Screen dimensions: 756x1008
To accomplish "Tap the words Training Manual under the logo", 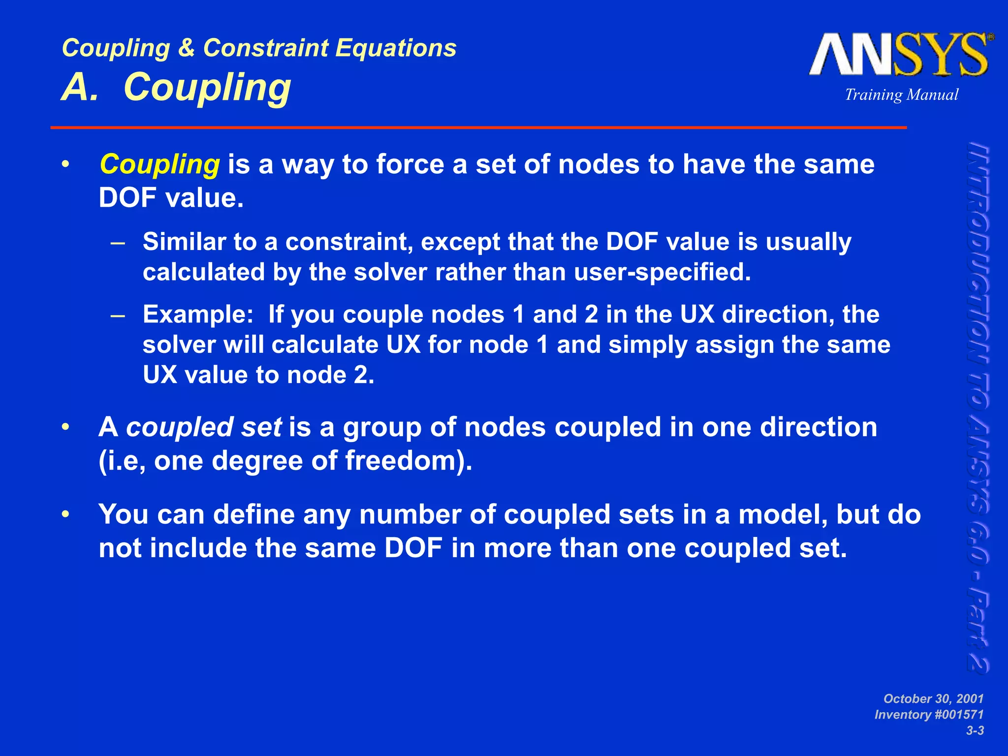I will click(x=902, y=94).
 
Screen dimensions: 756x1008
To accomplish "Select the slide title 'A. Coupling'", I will click(x=176, y=88).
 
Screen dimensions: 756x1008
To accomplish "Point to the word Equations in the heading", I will click(x=396, y=48).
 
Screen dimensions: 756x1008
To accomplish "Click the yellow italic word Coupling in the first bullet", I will click(x=159, y=164).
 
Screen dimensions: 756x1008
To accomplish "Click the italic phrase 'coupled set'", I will click(x=204, y=427).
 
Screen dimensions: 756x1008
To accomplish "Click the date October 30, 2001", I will click(x=933, y=699).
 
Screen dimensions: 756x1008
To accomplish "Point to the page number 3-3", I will click(x=975, y=731).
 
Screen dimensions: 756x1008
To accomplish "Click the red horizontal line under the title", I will click(x=478, y=127).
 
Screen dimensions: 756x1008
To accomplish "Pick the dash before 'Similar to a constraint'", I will click(x=118, y=243).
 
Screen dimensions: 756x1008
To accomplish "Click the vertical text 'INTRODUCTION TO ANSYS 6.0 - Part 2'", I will click(x=978, y=408).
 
